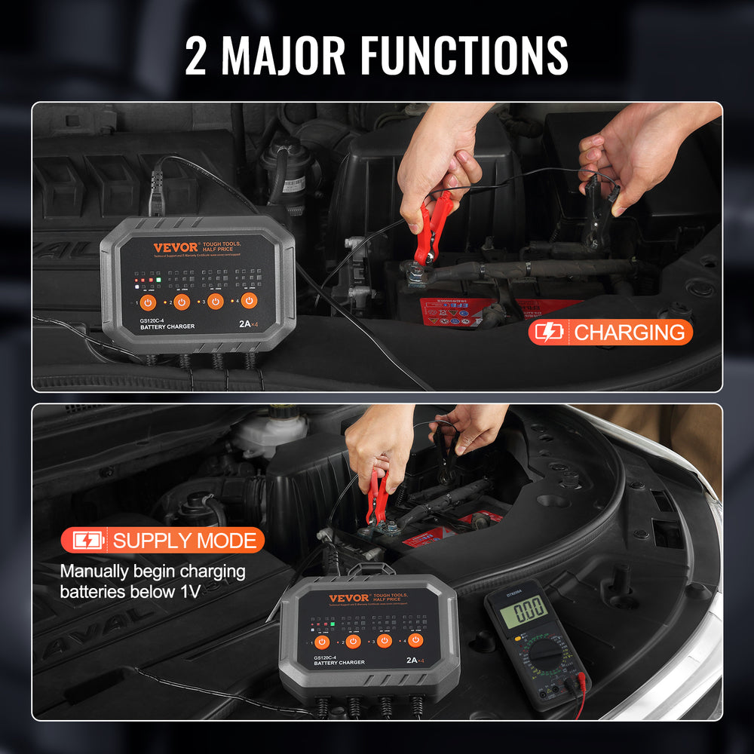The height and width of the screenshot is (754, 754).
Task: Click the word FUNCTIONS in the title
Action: pyautogui.click(x=464, y=54)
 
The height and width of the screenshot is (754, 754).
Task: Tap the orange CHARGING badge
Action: pyautogui.click(x=610, y=332)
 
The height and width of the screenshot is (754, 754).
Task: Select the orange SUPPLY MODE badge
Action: pyautogui.click(x=163, y=540)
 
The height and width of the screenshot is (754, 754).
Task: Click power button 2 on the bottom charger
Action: pyautogui.click(x=353, y=642)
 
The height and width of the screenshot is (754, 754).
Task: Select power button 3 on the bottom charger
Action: pyautogui.click(x=385, y=641)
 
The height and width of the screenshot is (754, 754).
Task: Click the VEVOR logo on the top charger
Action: pyautogui.click(x=175, y=247)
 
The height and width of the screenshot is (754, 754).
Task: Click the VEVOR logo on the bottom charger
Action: pyautogui.click(x=349, y=599)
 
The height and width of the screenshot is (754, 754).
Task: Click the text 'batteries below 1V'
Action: pyautogui.click(x=130, y=591)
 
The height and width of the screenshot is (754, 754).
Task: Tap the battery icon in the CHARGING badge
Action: pyautogui.click(x=549, y=332)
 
